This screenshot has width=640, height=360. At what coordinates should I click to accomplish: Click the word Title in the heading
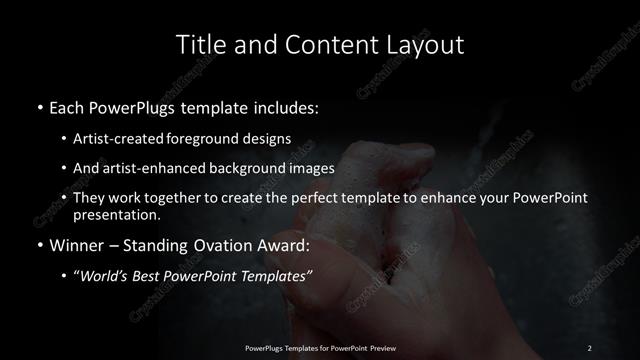pyautogui.click(x=198, y=45)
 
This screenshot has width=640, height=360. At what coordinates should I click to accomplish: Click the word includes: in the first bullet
pyautogui.click(x=286, y=106)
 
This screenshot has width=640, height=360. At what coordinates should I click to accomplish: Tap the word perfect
pyautogui.click(x=313, y=198)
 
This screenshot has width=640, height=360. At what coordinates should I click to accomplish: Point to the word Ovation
pyautogui.click(x=230, y=243)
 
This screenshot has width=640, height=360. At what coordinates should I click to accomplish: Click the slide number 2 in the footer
pyautogui.click(x=589, y=347)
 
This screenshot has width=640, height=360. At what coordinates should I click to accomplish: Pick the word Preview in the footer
pyautogui.click(x=381, y=347)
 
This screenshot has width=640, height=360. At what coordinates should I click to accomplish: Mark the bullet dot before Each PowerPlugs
pyautogui.click(x=38, y=106)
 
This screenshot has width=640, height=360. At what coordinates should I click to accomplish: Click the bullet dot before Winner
pyautogui.click(x=38, y=243)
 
